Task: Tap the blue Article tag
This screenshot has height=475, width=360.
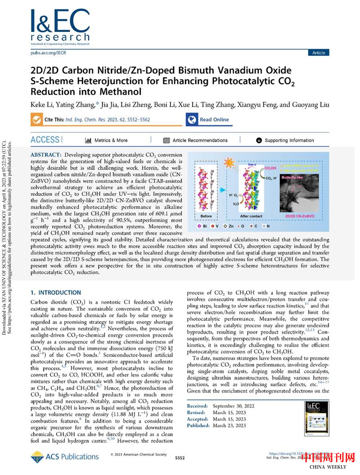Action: (x=318, y=53)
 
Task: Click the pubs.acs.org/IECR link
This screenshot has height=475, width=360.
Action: (x=44, y=53)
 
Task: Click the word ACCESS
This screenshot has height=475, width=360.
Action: (x=45, y=140)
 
